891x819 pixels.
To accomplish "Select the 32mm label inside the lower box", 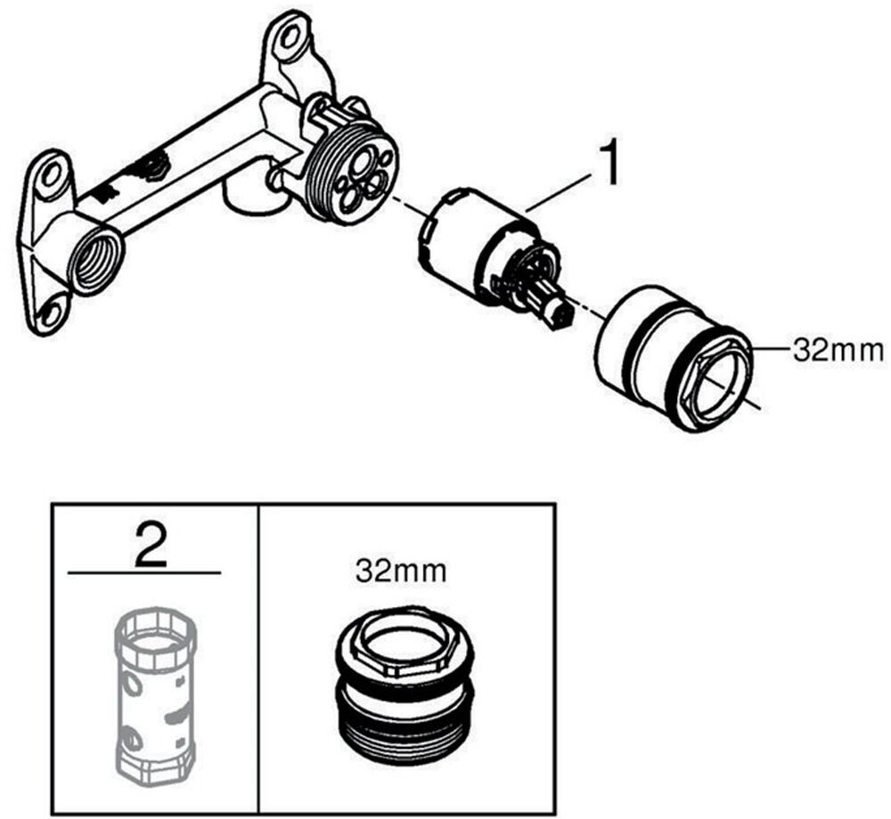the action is coord(401,572).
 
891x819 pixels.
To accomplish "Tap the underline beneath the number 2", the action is coord(144,572).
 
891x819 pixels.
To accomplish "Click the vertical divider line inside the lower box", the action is coord(258,658).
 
